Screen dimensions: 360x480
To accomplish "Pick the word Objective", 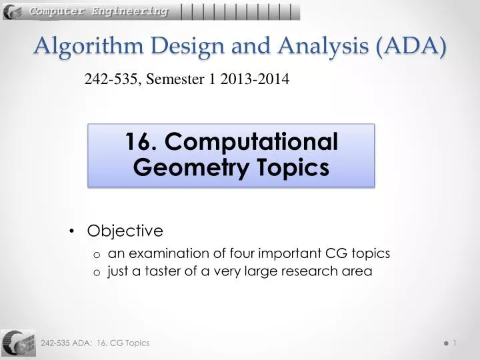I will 125,231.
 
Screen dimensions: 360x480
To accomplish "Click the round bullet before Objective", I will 71,231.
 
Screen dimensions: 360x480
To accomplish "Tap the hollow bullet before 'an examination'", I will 97,254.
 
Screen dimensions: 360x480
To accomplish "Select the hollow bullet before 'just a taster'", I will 97,272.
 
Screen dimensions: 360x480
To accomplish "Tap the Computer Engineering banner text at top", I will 99,11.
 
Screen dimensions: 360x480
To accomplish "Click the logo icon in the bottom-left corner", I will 18,343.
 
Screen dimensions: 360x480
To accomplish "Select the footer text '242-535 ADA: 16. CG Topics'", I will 95,343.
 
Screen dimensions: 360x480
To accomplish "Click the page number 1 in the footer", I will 455,343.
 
